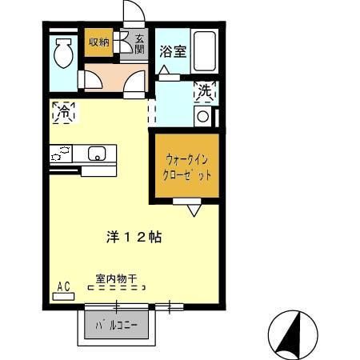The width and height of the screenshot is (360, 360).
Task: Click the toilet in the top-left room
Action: point(63,54)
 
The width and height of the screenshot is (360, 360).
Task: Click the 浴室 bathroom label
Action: point(172,52)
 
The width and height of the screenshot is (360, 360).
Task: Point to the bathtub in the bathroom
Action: point(206,52)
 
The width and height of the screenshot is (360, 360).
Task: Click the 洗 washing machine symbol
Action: point(205,92)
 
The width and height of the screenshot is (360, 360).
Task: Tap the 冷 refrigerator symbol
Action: point(62,113)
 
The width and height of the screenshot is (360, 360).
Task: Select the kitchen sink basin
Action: point(97,154)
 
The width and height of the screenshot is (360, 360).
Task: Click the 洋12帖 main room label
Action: point(134,237)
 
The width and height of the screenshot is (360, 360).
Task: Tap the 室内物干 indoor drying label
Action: point(116,279)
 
